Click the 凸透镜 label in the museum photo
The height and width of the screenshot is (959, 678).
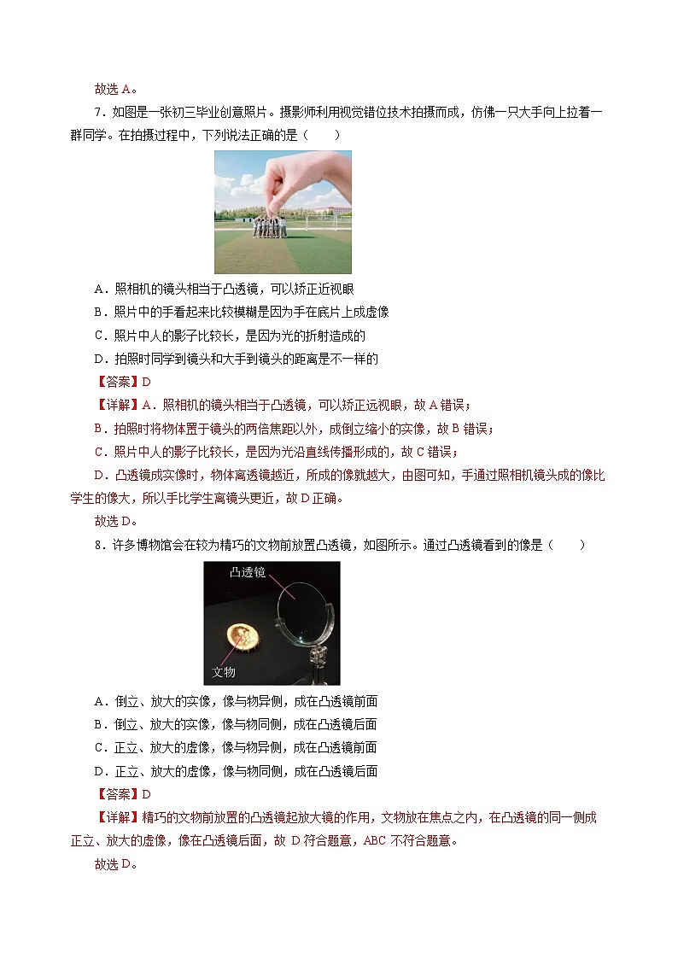248,574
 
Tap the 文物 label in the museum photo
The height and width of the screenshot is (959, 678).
223,672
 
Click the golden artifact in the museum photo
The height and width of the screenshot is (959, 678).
246,635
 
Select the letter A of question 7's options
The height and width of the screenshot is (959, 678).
99,290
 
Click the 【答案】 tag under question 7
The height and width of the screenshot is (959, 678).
116,383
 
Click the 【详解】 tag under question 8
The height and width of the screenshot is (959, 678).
116,817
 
